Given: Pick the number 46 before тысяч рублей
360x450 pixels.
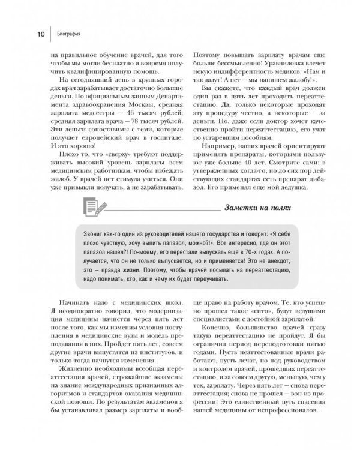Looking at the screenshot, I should point(116,116).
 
